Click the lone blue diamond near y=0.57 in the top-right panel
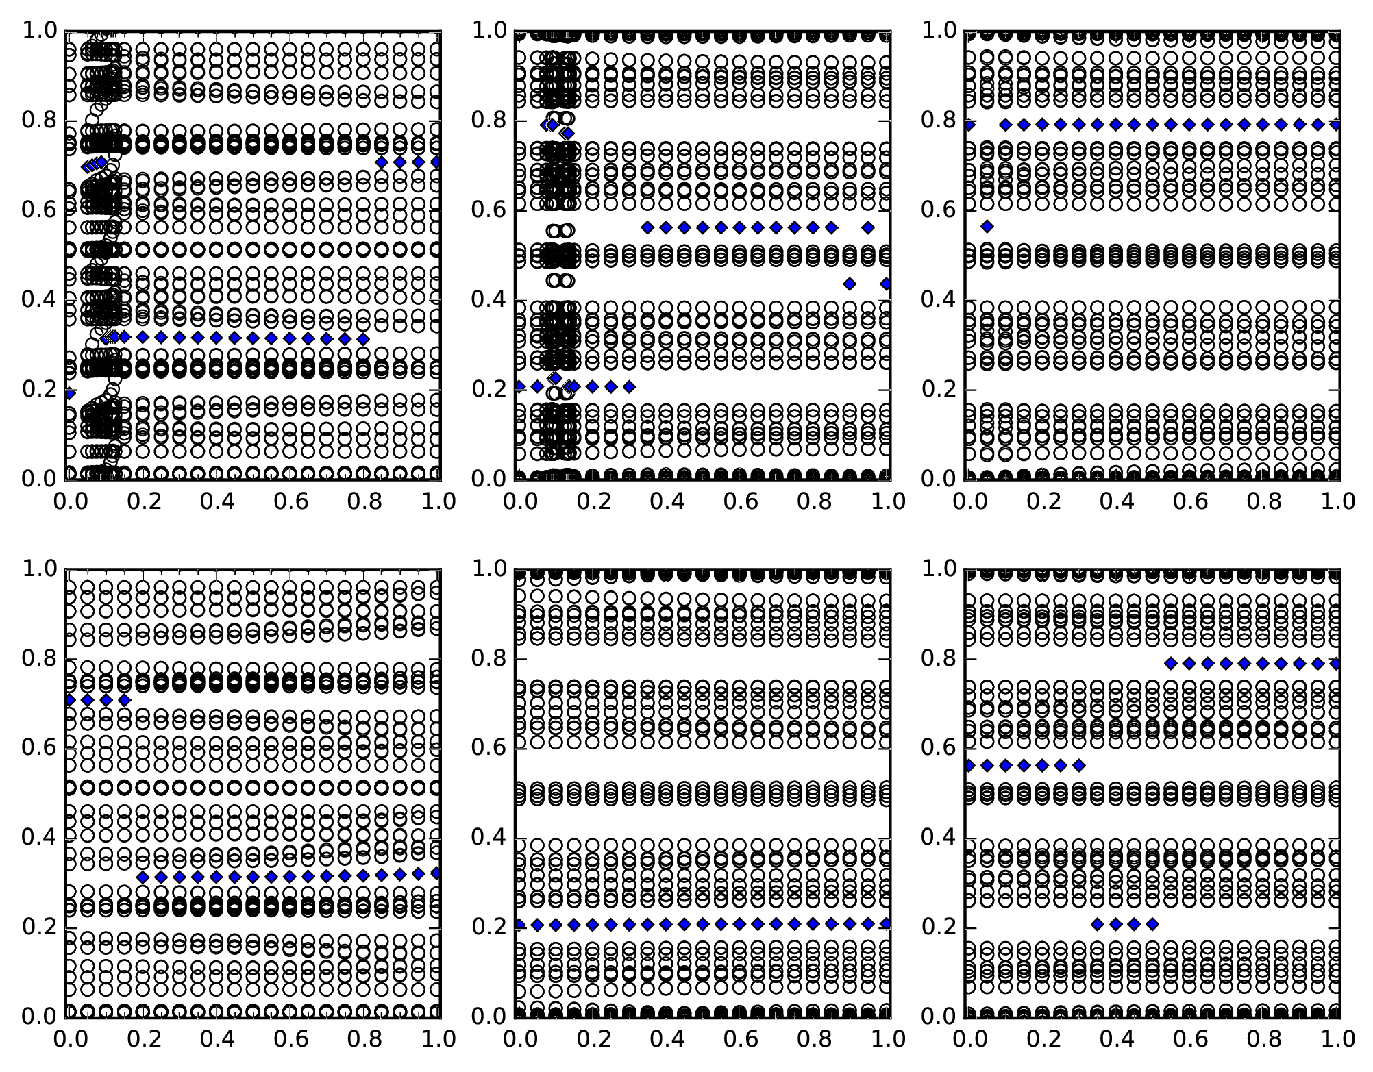point(987,226)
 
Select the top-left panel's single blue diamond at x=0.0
point(69,393)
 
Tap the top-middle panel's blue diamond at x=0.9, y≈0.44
point(850,284)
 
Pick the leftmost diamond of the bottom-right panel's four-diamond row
point(1098,924)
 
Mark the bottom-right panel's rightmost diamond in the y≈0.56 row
point(1079,765)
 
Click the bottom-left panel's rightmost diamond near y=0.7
point(124,700)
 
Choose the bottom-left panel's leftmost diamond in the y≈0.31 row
point(143,877)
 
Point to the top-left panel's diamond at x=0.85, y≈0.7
point(382,162)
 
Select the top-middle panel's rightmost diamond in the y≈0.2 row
point(629,387)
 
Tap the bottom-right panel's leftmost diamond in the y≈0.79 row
point(1171,663)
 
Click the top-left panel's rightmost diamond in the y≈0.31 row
point(363,339)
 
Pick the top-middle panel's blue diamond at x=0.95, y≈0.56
point(868,227)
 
